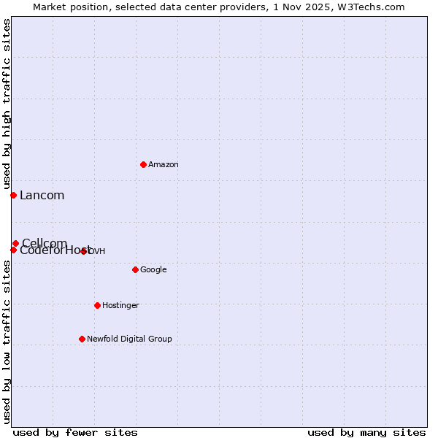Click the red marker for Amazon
[143, 164]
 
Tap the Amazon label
[164, 165]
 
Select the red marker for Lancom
[13, 195]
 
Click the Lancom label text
[42, 196]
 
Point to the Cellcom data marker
[15, 243]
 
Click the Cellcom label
[45, 243]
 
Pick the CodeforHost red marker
[13, 250]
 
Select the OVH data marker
[84, 251]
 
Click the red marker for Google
[135, 269]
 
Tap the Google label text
[153, 270]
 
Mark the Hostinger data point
[97, 305]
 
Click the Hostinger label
[120, 305]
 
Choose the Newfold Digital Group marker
[82, 339]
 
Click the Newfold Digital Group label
[129, 339]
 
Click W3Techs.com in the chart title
[375, 7]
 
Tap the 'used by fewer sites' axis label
[75, 432]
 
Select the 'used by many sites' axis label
[366, 432]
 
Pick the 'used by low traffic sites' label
[7, 342]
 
